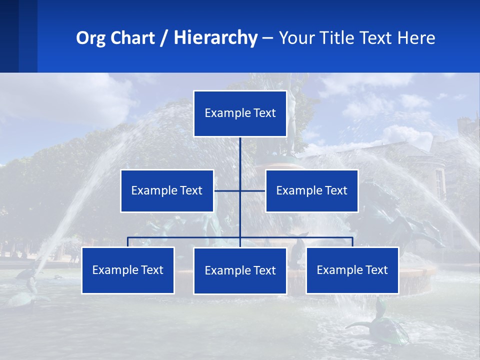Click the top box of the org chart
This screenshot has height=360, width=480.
[240, 113]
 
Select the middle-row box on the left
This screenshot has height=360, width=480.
[167, 191]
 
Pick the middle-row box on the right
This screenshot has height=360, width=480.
[311, 191]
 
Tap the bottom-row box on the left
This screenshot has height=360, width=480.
[128, 270]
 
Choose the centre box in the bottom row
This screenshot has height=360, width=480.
[240, 271]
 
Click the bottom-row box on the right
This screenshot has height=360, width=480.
[352, 270]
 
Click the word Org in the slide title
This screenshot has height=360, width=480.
[90, 38]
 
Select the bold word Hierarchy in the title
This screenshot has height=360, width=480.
[215, 38]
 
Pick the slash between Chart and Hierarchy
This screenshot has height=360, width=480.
[164, 38]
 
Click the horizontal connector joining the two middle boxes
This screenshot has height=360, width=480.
[227, 190]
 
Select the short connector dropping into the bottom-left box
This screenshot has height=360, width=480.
[128, 242]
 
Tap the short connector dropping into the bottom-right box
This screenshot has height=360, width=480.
[352, 242]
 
